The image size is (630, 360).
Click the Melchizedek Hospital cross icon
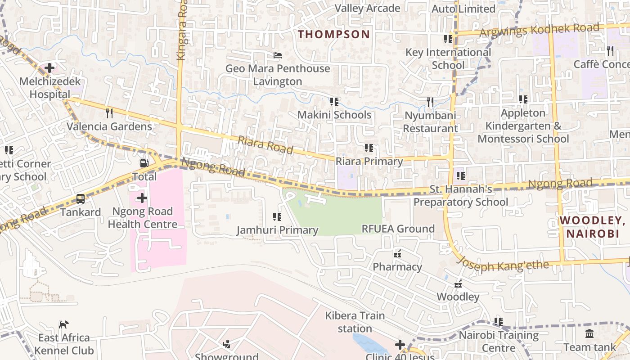(49, 68)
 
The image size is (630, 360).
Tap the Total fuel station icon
(144, 163)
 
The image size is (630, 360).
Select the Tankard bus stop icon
(81, 198)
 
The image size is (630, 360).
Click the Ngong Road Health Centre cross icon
(142, 198)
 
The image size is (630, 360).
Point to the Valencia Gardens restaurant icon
(109, 113)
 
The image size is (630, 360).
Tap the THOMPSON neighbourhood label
(334, 34)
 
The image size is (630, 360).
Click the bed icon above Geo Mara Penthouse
(278, 55)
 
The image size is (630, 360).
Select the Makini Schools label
(334, 115)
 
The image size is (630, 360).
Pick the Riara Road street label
(265, 145)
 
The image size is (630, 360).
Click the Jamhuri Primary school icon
(277, 217)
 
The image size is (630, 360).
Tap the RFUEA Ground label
(398, 229)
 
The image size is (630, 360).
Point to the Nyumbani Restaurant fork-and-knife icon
(430, 102)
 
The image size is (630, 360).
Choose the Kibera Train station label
(355, 322)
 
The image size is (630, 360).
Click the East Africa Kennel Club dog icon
(64, 324)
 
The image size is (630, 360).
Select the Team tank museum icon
(589, 334)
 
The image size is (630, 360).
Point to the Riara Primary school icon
(369, 148)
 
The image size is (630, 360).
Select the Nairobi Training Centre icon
(499, 322)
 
